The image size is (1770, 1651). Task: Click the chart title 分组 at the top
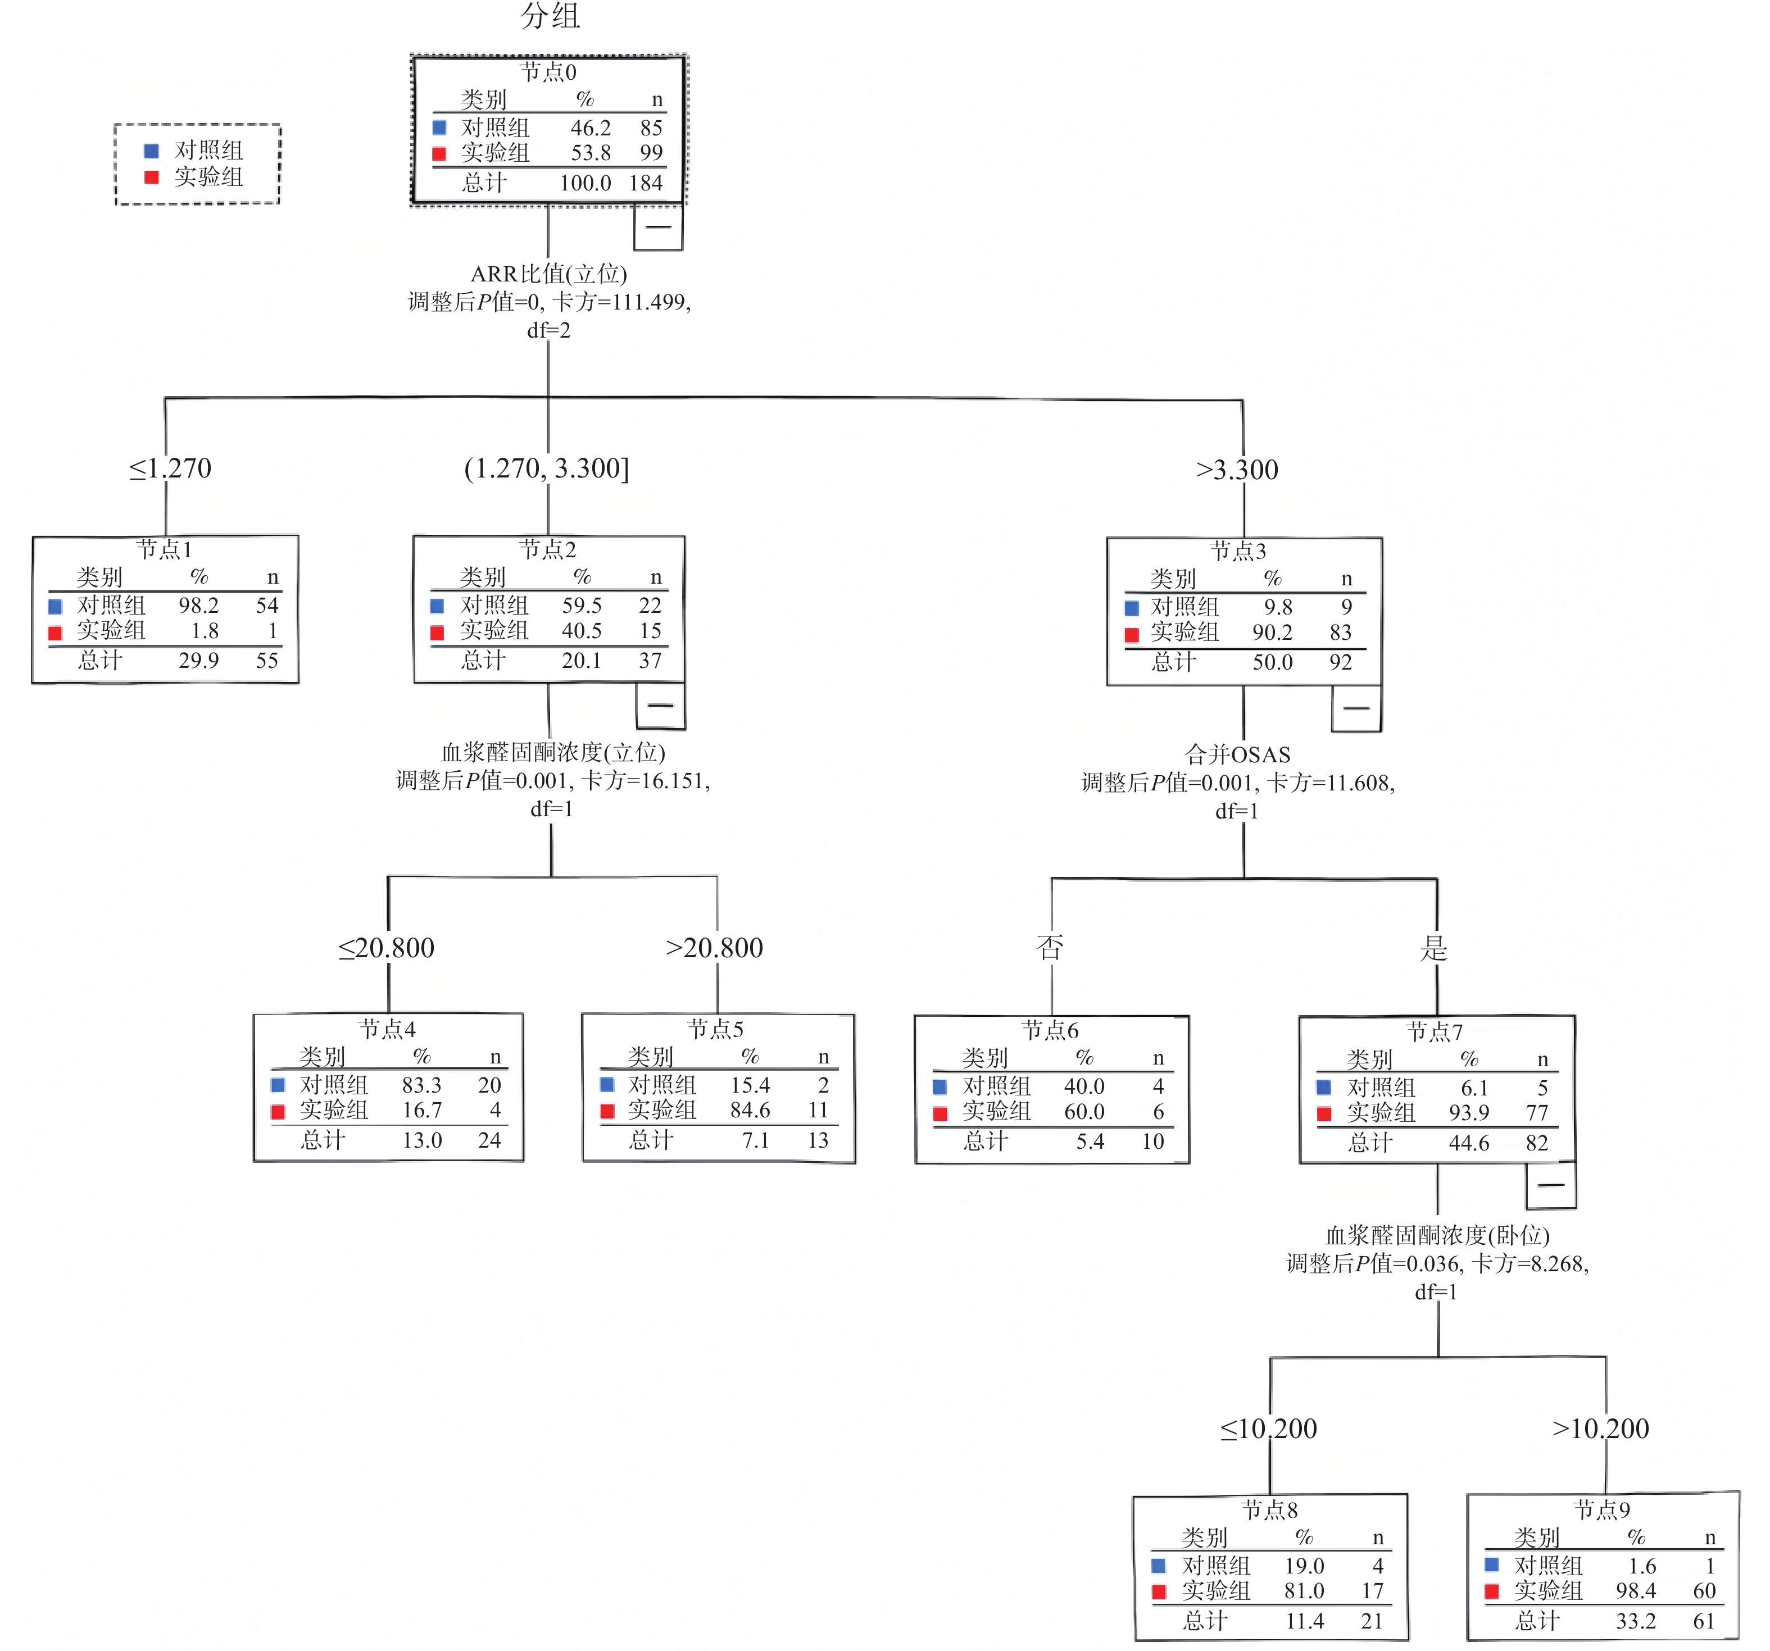[x=550, y=16]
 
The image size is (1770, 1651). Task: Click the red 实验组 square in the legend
[x=151, y=177]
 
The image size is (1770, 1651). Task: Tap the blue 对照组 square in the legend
[x=151, y=151]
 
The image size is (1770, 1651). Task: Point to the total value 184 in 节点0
[x=646, y=183]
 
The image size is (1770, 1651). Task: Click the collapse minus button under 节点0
[x=658, y=227]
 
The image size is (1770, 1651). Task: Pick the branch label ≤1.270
[x=170, y=468]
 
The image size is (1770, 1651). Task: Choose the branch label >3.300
[x=1237, y=470]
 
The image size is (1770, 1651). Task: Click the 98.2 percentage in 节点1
[x=198, y=605]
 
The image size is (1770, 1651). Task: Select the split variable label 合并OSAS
[x=1237, y=755]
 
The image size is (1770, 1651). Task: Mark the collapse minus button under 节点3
[x=1356, y=708]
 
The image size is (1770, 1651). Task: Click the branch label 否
[x=1051, y=947]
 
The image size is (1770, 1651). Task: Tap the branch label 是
[x=1433, y=948]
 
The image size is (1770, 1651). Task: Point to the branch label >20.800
[x=714, y=948]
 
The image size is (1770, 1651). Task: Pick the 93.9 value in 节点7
[x=1469, y=1112]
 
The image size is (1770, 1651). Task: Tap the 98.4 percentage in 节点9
[x=1636, y=1590]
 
